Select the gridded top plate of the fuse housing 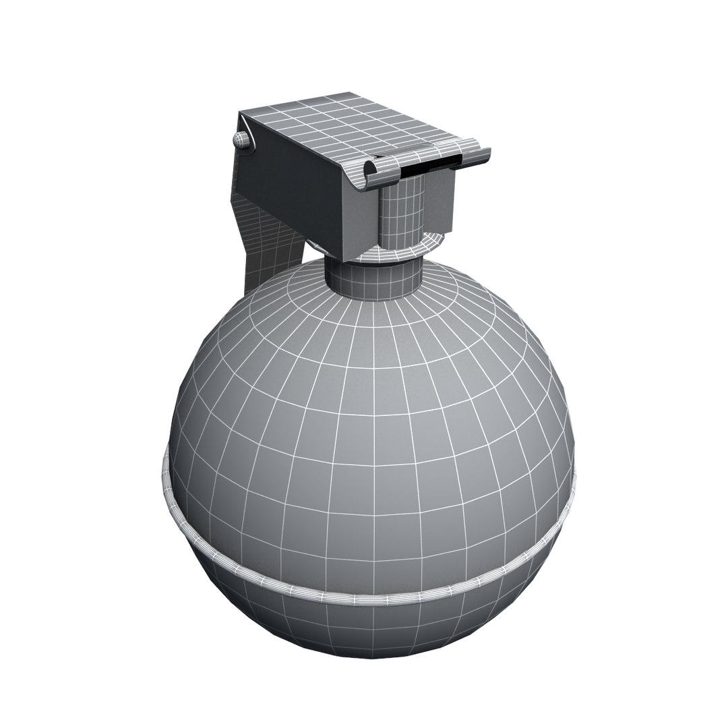click(351, 125)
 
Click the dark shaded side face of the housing click(290, 189)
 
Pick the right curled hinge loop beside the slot click(475, 152)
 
